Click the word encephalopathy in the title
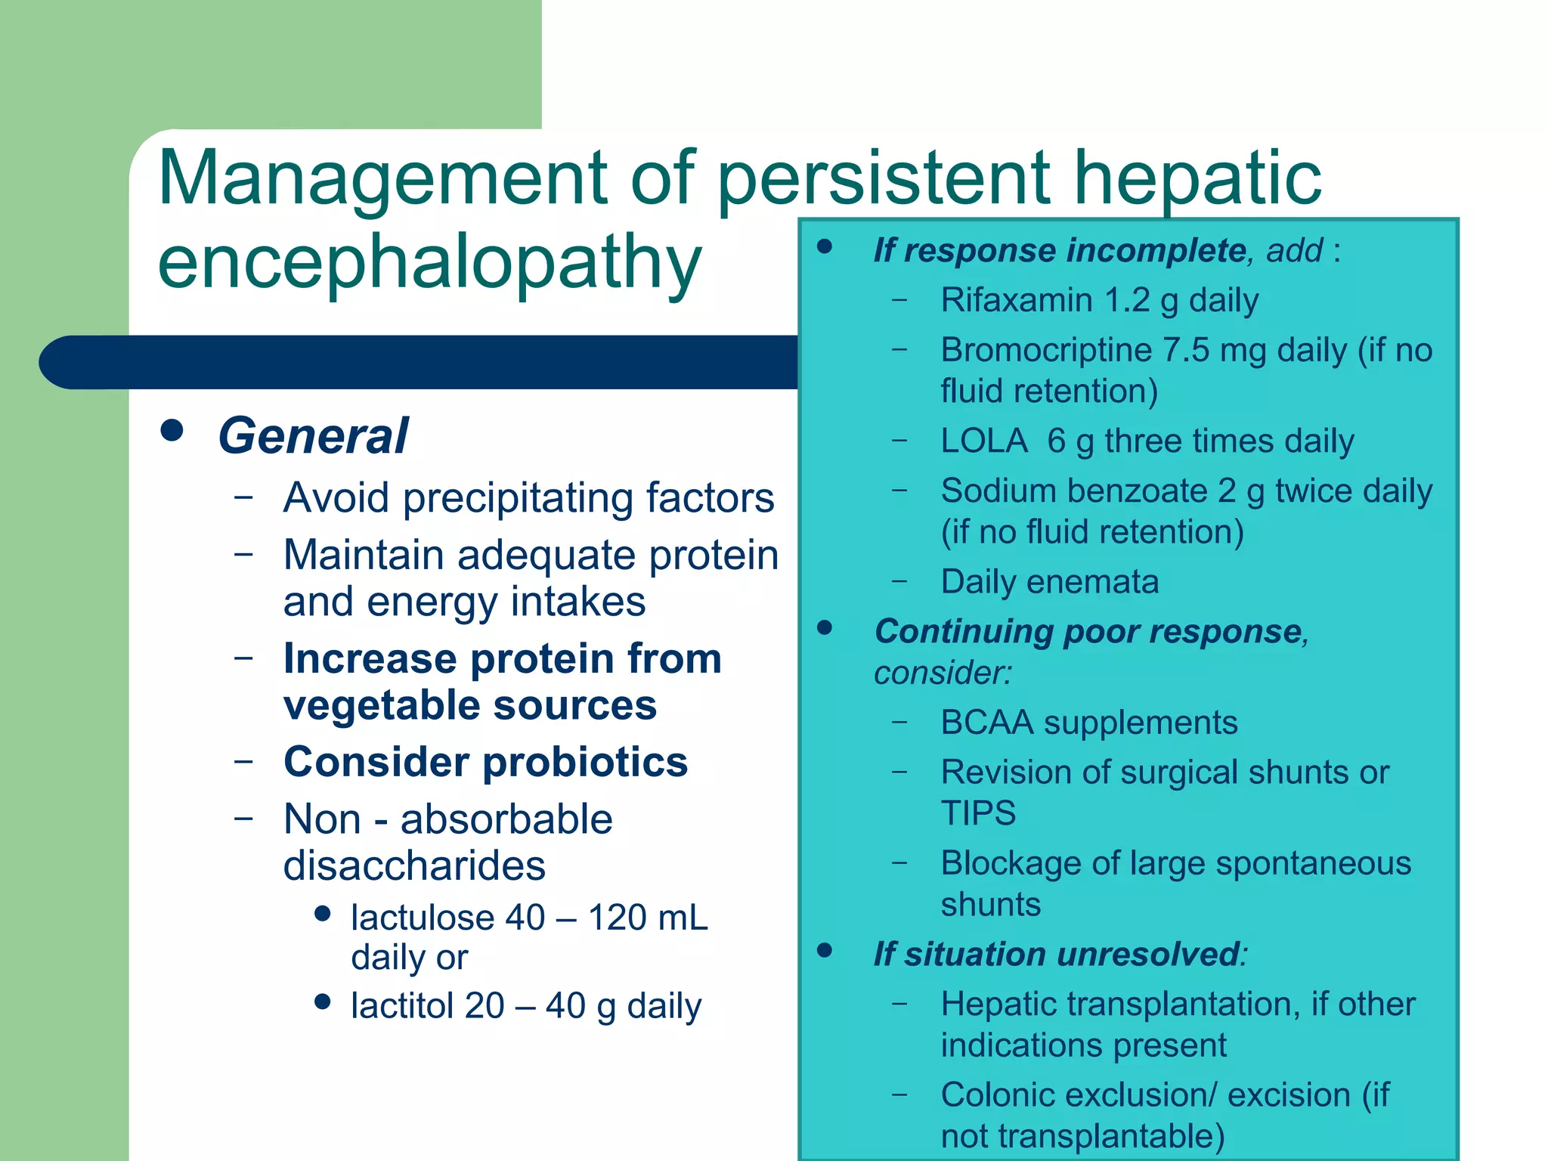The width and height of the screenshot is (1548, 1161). tap(429, 262)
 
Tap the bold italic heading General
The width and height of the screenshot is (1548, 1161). tap(313, 436)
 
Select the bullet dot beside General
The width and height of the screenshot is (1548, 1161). tap(172, 430)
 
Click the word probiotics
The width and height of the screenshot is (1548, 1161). tap(585, 761)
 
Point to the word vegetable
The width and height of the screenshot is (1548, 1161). tap(382, 705)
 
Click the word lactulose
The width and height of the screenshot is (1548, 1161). tap(423, 918)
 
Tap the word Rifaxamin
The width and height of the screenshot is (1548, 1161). tap(1016, 300)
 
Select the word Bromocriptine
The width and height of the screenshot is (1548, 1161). tap(1046, 350)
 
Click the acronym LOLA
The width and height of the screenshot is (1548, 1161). tap(984, 441)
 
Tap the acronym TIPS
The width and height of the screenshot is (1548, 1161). tap(978, 814)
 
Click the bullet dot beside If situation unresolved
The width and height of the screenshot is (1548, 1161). tap(825, 950)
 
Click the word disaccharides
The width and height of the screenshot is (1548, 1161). tap(414, 866)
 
